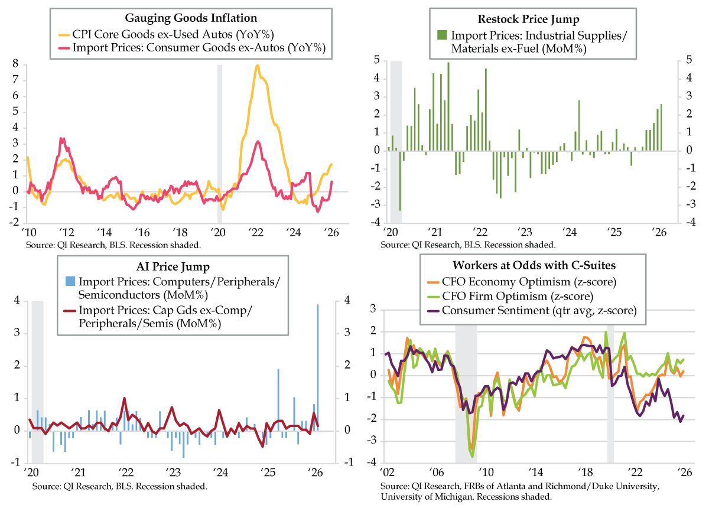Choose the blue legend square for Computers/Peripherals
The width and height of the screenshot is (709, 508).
pyautogui.click(x=69, y=281)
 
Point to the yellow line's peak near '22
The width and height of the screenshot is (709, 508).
pyautogui.click(x=257, y=66)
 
